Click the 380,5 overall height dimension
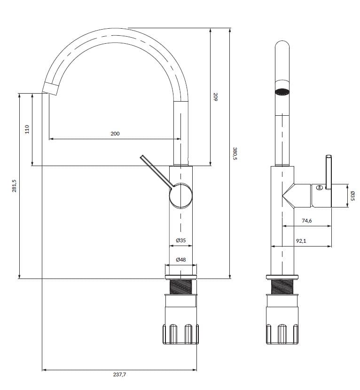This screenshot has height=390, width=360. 236,153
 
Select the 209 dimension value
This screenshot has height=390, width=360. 215,97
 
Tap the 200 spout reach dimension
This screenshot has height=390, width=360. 115,134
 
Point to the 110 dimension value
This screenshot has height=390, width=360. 27,129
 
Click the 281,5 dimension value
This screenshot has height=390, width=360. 14,185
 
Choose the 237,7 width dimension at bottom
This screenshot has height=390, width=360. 119,375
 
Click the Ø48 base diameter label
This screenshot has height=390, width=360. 181,260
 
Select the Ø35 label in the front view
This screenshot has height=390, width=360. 181,240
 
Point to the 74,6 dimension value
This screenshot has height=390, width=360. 306,221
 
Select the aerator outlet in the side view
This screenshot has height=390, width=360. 282,91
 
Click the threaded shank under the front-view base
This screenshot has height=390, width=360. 181,286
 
